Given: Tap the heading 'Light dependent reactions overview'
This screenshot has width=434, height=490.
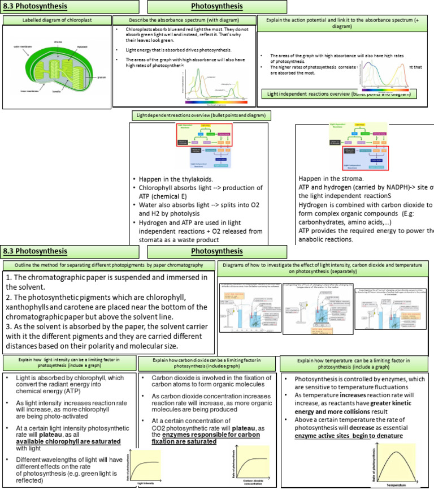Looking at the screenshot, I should point(202,115).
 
